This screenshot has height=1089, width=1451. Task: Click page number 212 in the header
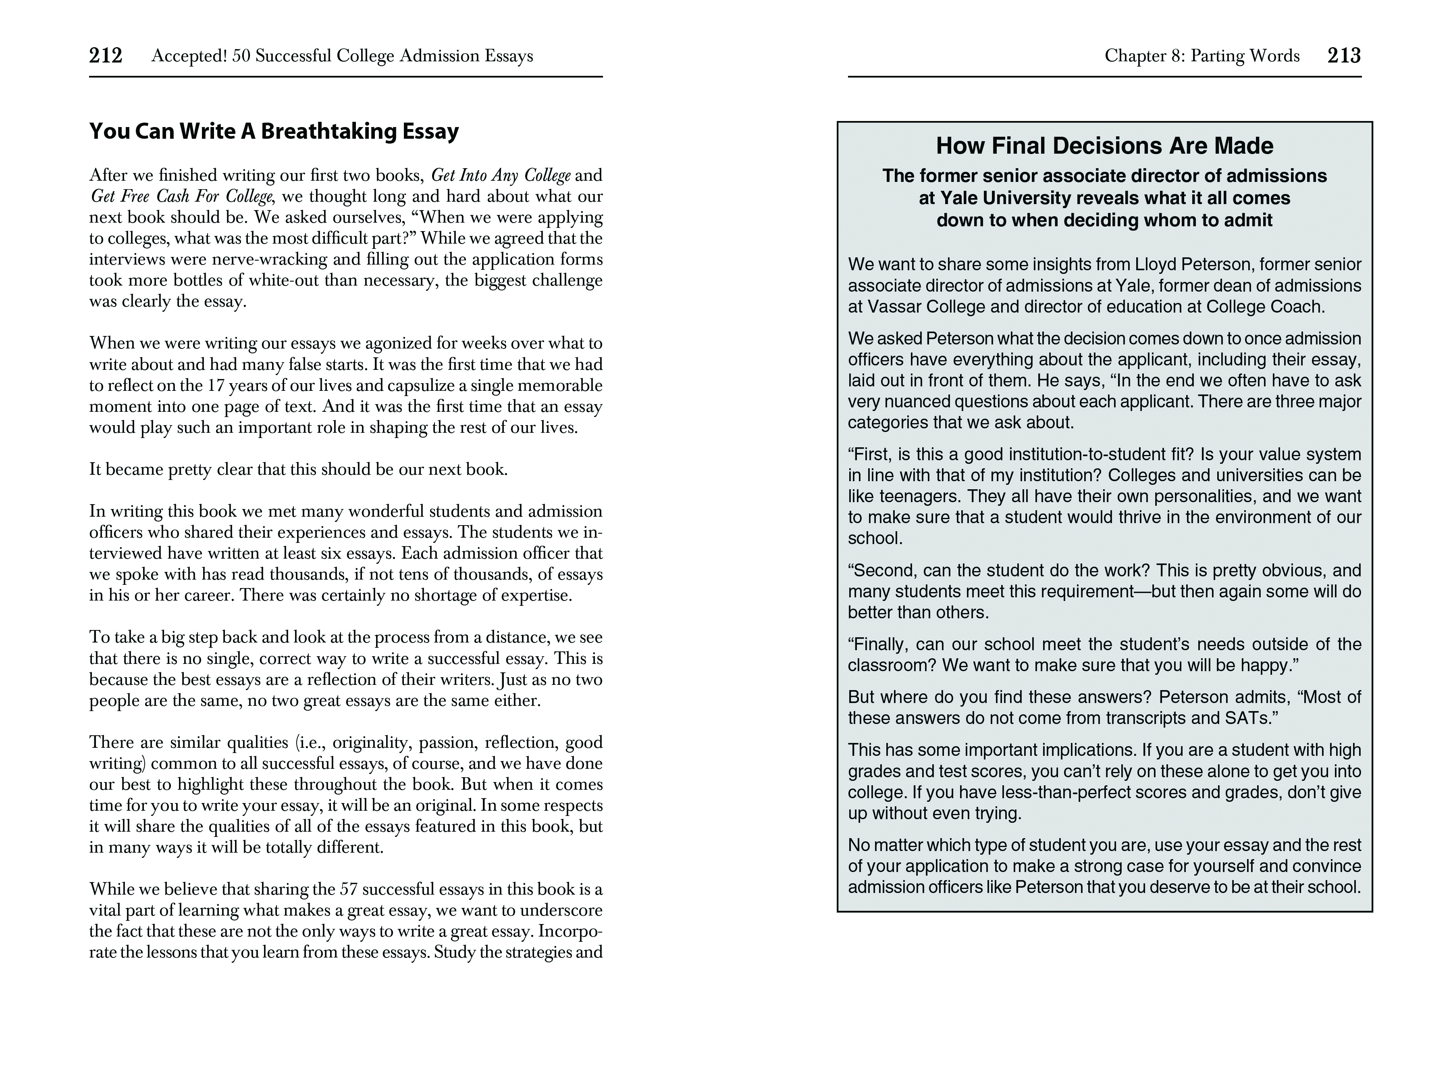coord(106,56)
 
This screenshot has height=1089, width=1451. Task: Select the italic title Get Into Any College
coord(501,175)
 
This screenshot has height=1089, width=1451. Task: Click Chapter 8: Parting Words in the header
coord(1202,56)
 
